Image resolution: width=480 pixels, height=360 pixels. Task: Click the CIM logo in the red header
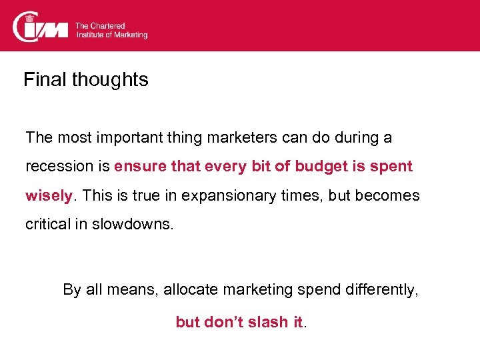coord(41,26)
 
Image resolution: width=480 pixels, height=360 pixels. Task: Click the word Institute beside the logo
coord(91,35)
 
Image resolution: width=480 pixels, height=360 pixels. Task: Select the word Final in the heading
coord(45,80)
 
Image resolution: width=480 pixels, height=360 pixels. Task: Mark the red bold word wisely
coord(48,196)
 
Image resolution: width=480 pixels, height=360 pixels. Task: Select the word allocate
coord(188,290)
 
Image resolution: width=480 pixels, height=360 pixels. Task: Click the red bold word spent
coord(395,167)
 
